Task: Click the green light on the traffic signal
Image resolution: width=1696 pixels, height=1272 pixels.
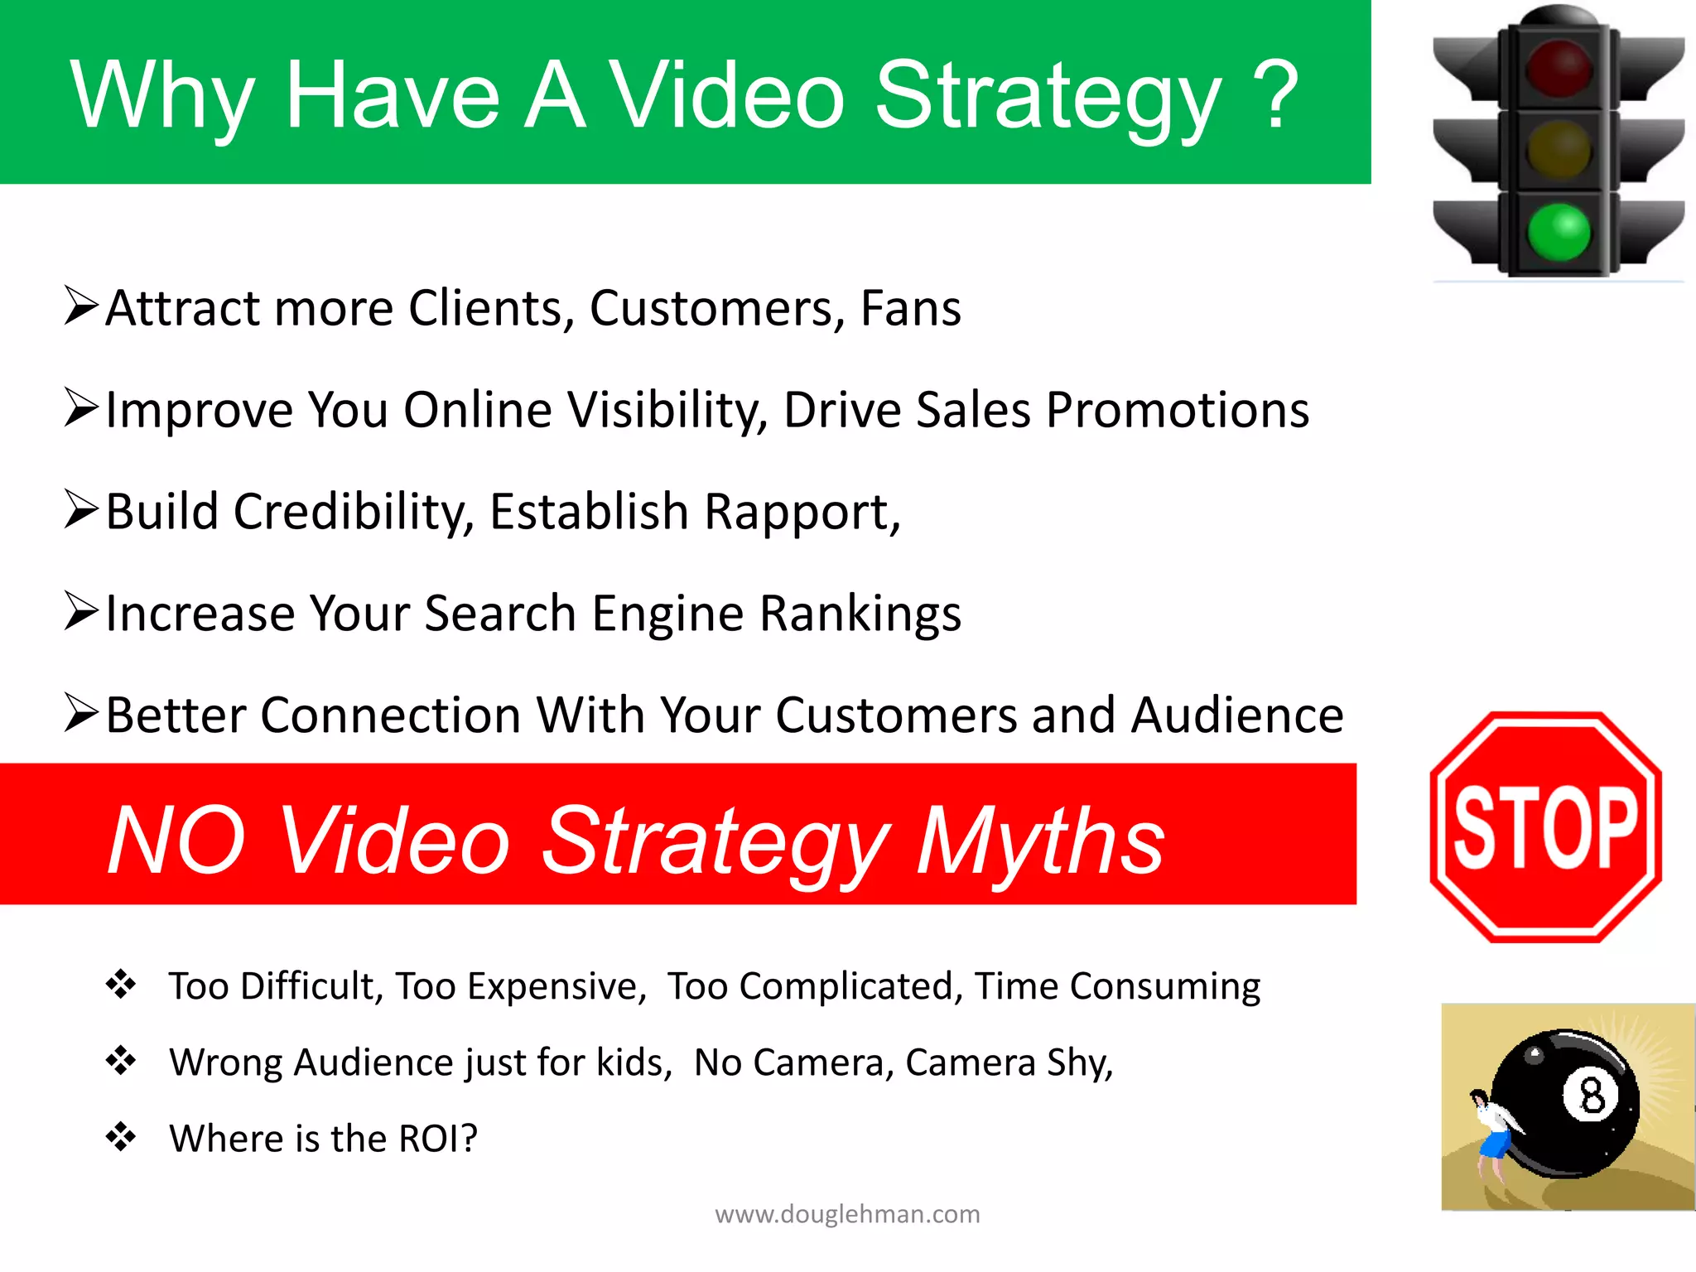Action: point(1559,232)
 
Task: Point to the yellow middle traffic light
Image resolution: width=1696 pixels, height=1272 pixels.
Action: point(1559,150)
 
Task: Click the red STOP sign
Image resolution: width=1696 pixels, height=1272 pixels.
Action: point(1545,827)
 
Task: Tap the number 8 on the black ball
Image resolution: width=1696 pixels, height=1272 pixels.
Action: point(1591,1096)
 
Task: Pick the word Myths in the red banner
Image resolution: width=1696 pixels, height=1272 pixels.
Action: point(1040,841)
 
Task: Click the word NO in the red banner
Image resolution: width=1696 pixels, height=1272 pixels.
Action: point(176,841)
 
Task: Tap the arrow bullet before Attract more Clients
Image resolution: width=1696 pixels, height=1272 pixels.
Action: point(81,306)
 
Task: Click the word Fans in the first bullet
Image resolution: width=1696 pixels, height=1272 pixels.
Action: point(910,308)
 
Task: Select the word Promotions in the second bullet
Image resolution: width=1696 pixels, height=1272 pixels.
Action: point(1177,410)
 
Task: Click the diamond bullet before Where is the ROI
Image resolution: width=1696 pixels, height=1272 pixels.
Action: point(121,1136)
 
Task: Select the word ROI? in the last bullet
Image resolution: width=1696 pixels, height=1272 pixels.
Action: point(438,1138)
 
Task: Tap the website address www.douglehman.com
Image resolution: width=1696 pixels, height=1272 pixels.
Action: point(847,1214)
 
